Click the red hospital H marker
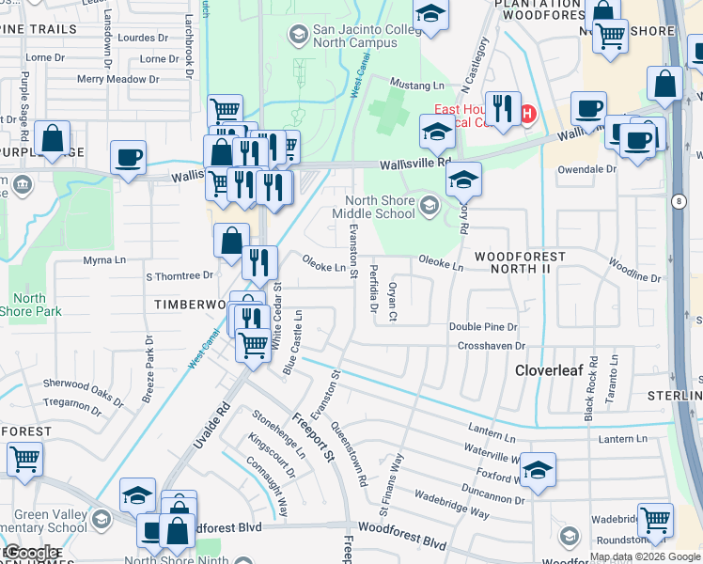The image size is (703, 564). pos(527,115)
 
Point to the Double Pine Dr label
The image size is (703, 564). pos(483,327)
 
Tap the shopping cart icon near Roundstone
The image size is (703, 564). pos(655,519)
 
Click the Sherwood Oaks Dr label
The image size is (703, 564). pos(85,391)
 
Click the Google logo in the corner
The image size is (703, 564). pos(30,553)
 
